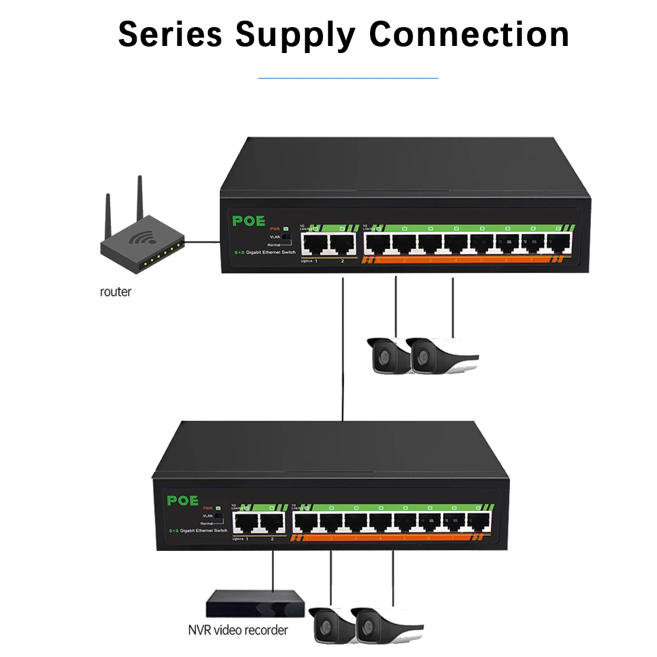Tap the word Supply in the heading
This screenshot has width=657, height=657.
(295, 35)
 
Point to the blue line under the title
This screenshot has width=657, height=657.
(348, 78)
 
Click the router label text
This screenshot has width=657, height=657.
(115, 292)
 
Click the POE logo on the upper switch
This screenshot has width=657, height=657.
(249, 221)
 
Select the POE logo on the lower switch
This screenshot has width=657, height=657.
(183, 500)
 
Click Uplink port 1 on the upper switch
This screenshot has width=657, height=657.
(315, 243)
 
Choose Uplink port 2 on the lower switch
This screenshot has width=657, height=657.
(272, 522)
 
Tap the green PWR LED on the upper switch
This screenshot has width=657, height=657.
(286, 229)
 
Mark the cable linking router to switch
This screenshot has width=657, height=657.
(202, 241)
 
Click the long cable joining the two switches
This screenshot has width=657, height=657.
(342, 348)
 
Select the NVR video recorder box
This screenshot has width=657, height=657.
(255, 604)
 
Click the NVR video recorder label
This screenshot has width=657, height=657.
(238, 630)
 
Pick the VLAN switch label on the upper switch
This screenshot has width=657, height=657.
(275, 237)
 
